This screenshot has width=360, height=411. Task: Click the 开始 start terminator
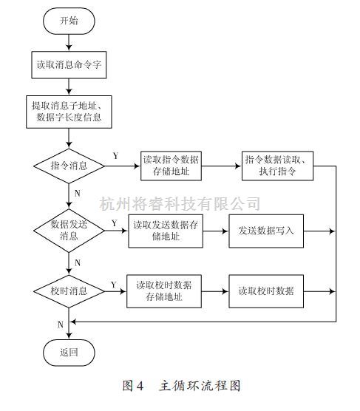pos(69,21)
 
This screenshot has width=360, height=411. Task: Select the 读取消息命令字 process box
pos(69,65)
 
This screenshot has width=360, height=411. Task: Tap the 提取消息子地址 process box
pos(69,112)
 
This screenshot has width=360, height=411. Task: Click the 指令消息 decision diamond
pos(69,166)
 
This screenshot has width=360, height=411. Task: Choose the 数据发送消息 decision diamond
pos(69,230)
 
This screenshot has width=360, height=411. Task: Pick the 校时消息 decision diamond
pos(69,291)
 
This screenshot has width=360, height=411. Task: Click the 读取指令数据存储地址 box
pos(171,166)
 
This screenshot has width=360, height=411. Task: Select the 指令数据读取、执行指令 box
pos(279,166)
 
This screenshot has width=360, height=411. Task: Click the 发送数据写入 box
pos(266,230)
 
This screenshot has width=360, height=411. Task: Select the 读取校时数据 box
pos(266,291)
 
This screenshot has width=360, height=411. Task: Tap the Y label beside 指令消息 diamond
pos(115,156)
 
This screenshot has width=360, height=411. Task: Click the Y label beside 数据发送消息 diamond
pos(113,222)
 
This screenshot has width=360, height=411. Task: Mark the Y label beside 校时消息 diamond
pos(113,284)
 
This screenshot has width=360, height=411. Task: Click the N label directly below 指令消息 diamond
pos(78,194)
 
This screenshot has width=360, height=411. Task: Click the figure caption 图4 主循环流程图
pos(180,386)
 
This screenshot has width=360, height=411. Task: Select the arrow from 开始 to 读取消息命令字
pos(69,42)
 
